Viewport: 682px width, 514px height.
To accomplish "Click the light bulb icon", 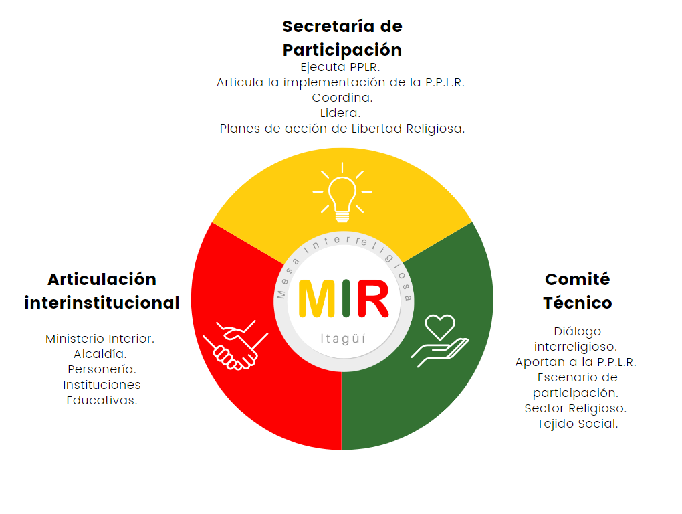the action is coord(342,192).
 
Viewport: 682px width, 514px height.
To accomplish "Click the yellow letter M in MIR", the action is coord(317,298).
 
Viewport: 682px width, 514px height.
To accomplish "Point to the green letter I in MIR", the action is coord(346,298).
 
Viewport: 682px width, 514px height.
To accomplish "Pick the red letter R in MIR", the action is coord(372,298).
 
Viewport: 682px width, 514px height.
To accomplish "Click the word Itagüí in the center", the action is coord(343,339).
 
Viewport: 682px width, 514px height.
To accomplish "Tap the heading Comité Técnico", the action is coord(578,290).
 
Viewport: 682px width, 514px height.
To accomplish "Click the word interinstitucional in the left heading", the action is coord(102,303).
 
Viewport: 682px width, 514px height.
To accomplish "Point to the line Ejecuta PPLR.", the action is coord(340,67).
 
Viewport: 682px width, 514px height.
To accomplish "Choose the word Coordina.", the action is coord(342,98).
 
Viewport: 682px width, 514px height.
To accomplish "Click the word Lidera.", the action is coord(340,113).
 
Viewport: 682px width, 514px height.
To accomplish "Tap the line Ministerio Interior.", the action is coord(100,339).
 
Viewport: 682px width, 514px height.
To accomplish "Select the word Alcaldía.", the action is coord(100,354).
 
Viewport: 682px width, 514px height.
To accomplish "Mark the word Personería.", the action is coord(102,369).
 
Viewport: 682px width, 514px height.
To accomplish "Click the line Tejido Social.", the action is coord(578,424).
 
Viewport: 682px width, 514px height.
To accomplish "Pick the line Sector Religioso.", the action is coord(576,408).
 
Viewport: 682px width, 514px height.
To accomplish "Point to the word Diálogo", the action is coord(578,332).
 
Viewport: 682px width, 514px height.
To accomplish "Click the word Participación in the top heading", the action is coord(342,50).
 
